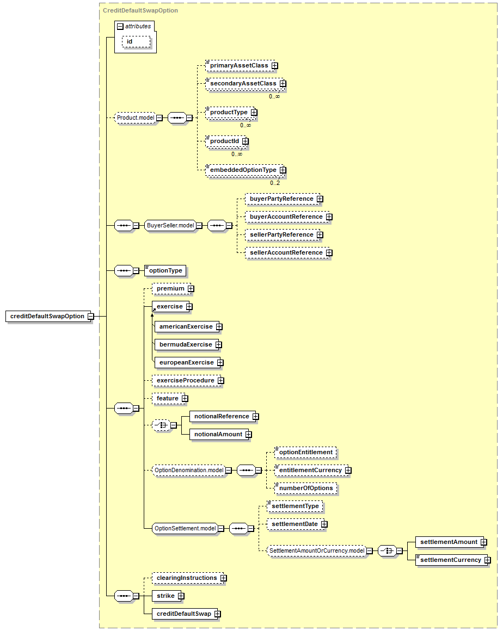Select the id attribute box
(136, 41)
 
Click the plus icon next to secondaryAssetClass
(283, 83)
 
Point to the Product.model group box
(136, 118)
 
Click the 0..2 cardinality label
(275, 183)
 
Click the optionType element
(165, 271)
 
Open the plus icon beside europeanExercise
(220, 363)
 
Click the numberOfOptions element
(306, 488)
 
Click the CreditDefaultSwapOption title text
(140, 10)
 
